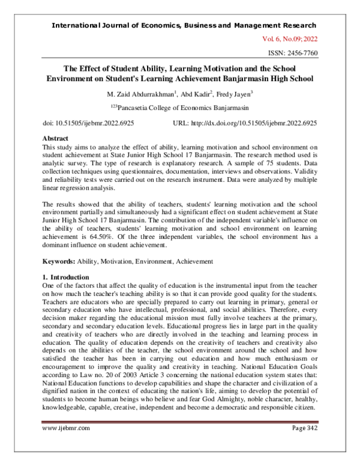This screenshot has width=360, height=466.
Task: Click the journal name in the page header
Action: (185, 25)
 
